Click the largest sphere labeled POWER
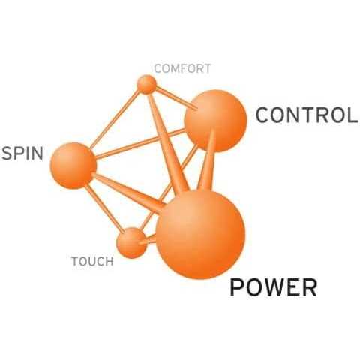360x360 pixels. (200, 235)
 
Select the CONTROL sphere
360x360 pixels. (215, 121)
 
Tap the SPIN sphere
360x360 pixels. (73, 166)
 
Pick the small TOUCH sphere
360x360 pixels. (132, 243)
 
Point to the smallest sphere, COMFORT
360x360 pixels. (147, 84)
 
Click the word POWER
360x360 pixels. (274, 287)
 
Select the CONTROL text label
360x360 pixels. (307, 115)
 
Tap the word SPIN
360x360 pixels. (22, 153)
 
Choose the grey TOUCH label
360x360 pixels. (92, 262)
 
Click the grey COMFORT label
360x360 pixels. (182, 68)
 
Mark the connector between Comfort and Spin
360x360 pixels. (114, 120)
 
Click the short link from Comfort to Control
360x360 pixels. (177, 97)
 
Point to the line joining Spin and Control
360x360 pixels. (140, 144)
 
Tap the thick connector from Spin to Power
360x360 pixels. (128, 192)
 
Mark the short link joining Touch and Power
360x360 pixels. (148, 240)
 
